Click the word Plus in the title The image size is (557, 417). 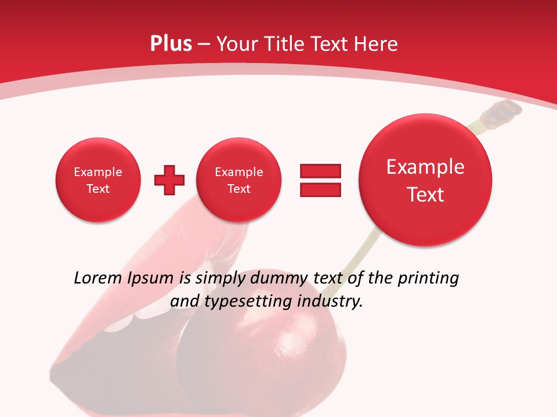coord(171,44)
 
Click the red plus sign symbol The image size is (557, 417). coord(169,180)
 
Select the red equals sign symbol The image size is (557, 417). coord(320,180)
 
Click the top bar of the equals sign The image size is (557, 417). coord(320,171)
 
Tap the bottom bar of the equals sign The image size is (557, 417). coord(320,189)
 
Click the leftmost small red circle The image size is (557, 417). coord(98,180)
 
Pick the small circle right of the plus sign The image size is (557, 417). coord(238,180)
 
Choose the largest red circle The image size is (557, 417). coord(425,180)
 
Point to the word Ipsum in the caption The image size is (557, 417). coord(150,279)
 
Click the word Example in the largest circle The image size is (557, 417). coord(425,167)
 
